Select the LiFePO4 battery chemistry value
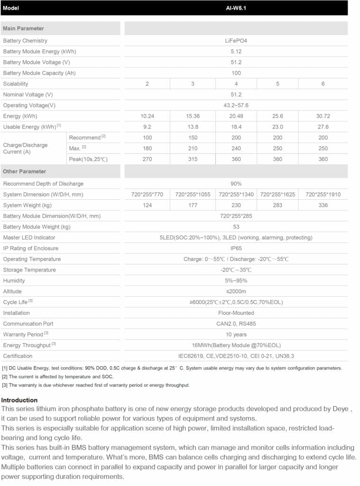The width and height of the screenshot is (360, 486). [236, 41]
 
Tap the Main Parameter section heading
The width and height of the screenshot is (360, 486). [23, 28]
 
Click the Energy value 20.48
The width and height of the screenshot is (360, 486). [236, 116]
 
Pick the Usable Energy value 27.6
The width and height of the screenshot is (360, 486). [323, 127]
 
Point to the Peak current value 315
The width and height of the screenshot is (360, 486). [193, 159]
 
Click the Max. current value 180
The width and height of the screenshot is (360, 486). [147, 149]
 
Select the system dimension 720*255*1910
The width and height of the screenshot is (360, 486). [323, 195]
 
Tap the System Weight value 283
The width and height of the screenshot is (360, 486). [277, 206]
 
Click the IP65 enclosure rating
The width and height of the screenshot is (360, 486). [236, 248]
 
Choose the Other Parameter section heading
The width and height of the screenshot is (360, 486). [25, 171]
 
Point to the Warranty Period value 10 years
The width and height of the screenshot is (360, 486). [236, 335]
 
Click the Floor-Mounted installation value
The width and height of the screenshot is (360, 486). [236, 313]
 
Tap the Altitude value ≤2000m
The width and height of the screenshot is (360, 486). [236, 291]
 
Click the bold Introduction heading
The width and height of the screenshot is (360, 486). [19, 400]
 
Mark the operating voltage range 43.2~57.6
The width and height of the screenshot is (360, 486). [236, 105]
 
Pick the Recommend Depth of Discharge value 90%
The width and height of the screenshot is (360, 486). [236, 184]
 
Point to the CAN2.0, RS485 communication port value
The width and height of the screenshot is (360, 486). [236, 324]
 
